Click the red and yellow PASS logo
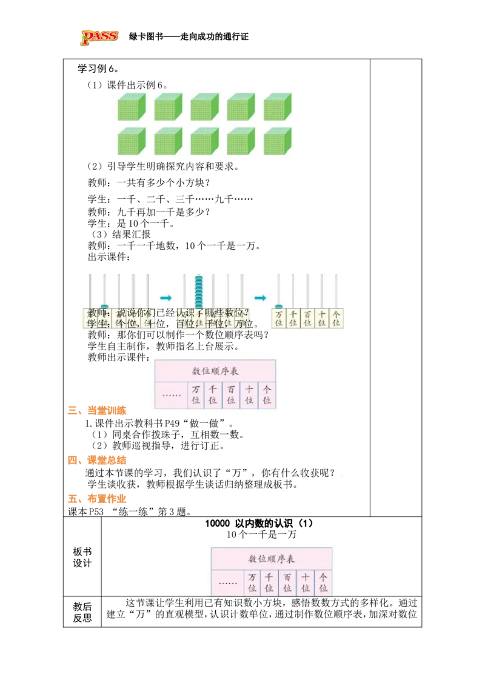click(x=99, y=38)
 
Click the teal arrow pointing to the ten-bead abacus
click(x=166, y=298)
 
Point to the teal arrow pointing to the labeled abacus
click(x=261, y=298)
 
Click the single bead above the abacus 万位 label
click(x=279, y=306)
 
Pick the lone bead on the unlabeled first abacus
click(x=104, y=307)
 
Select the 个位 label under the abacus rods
click(x=336, y=319)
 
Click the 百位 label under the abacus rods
click(x=307, y=319)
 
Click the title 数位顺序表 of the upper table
click(x=215, y=370)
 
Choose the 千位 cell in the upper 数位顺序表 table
click(x=212, y=395)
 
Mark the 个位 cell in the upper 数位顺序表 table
click(x=267, y=395)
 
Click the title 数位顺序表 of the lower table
click(x=271, y=559)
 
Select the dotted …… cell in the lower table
click(x=228, y=583)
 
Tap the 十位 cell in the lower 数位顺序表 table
click(x=305, y=583)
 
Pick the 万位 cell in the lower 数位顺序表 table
click(x=252, y=583)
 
